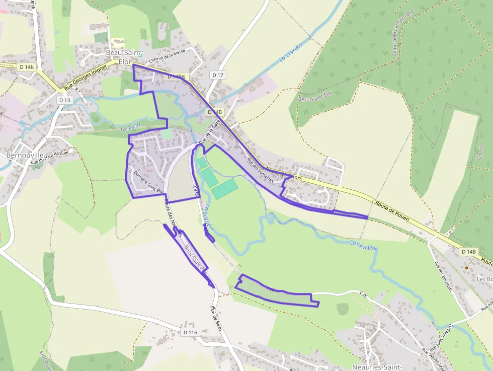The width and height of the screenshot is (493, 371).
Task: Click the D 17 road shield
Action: (218, 75)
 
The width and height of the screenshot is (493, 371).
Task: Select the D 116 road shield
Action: (190, 332)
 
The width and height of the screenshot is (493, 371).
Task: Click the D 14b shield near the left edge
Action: (27, 66)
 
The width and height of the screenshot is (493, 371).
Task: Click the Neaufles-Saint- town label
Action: (372, 366)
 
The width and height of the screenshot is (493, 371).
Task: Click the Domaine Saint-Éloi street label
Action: (149, 182)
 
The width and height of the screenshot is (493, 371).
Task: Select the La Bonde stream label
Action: (130, 128)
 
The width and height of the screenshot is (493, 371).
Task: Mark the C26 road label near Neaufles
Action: (364, 292)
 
